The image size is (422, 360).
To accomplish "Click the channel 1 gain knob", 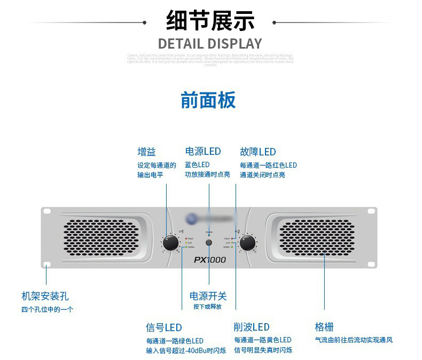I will click(170, 243).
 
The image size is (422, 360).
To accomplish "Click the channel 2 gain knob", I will click(247, 243).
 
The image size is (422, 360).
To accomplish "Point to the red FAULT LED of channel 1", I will click(185, 238).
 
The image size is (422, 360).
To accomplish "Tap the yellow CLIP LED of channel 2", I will click(232, 242).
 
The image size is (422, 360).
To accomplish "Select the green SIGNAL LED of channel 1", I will click(185, 247).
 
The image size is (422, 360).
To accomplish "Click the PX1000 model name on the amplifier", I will click(209, 260).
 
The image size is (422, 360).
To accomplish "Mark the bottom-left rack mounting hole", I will click(47, 263).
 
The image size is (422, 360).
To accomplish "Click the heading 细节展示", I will click(210, 22).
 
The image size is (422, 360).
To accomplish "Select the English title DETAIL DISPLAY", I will click(210, 44).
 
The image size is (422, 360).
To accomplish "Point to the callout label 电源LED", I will click(203, 152).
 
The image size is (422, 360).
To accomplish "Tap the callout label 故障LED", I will click(258, 152).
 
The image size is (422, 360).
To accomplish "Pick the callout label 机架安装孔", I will click(45, 296).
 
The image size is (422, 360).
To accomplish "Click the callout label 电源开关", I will click(208, 296).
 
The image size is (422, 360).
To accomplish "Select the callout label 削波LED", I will click(251, 327).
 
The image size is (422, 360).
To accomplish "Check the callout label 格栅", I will click(324, 327).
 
